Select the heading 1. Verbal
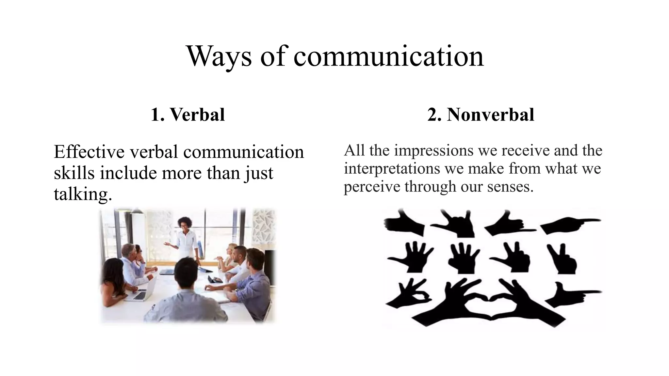click(x=188, y=115)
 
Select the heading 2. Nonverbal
click(x=481, y=115)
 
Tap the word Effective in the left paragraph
click(x=89, y=152)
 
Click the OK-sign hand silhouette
click(x=410, y=294)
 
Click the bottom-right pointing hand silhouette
click(x=572, y=294)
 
